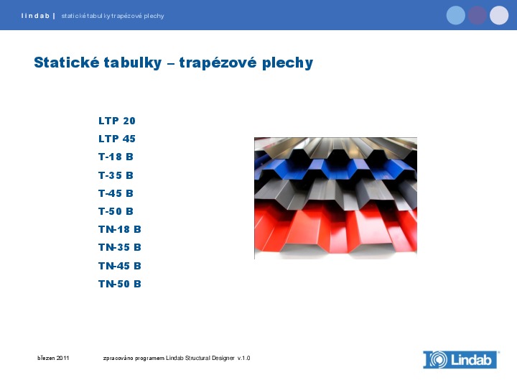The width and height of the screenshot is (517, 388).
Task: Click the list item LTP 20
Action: point(117,121)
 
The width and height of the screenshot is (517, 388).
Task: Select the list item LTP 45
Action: point(117,139)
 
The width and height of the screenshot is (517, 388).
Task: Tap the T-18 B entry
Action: point(116,157)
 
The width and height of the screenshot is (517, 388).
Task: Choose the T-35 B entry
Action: point(116,175)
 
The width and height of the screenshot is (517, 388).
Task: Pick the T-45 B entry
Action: point(116,193)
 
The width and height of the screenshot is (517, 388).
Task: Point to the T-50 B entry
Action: point(116,211)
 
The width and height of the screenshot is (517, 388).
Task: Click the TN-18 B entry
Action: point(120,229)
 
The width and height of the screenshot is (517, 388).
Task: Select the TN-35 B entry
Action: point(120,247)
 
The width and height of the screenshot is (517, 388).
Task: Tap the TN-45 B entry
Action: point(120,266)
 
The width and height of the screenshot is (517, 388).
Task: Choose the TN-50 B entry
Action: point(120,284)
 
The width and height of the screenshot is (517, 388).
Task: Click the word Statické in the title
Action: point(65,63)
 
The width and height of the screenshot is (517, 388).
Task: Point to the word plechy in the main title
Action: point(287,63)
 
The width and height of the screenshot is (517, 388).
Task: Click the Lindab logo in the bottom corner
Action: point(461,360)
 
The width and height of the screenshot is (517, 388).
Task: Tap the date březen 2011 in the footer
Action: point(53,358)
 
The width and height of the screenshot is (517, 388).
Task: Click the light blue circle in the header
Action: point(456,15)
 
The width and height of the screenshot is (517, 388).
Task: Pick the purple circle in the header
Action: point(478,15)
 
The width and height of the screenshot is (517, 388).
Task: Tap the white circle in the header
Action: point(499,15)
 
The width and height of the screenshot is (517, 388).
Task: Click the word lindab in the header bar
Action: point(35,16)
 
